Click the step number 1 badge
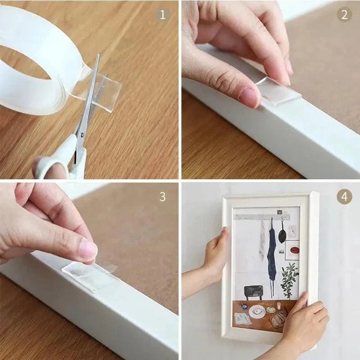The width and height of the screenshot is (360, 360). [163, 14]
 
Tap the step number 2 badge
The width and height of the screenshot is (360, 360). [344, 14]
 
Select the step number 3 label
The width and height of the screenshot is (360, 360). [162, 197]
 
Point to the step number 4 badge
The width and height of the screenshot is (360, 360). [344, 197]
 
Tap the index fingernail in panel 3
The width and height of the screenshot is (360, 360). [88, 249]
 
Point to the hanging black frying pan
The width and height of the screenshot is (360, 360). [282, 234]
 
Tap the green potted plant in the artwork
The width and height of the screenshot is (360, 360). [289, 279]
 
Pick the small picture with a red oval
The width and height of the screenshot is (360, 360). [292, 250]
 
